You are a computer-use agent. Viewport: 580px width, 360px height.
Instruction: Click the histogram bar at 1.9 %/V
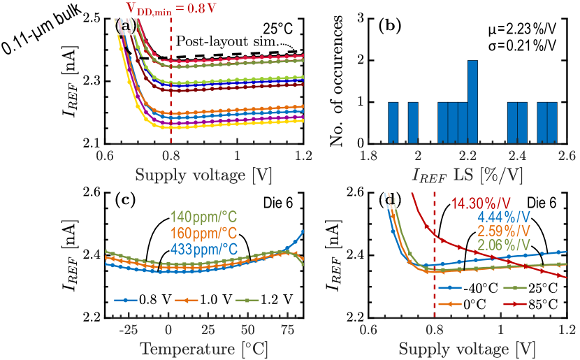(393, 122)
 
